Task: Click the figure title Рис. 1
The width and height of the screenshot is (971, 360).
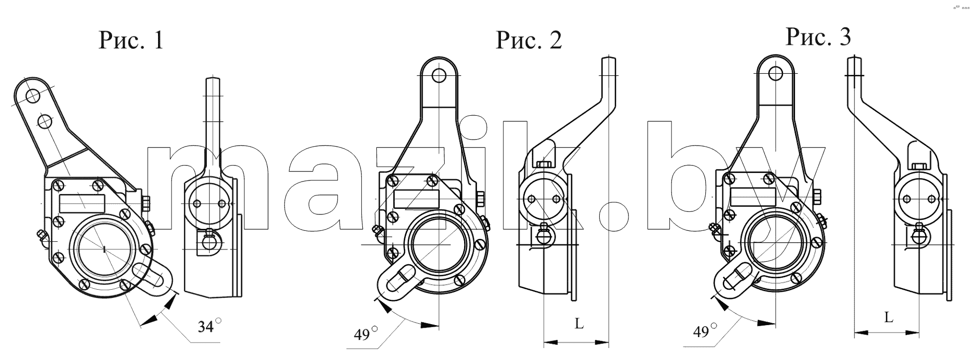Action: [131, 40]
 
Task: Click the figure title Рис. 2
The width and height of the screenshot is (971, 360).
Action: [528, 40]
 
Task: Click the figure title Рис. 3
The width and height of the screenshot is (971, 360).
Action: [818, 36]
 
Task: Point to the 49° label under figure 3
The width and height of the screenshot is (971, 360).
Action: [705, 331]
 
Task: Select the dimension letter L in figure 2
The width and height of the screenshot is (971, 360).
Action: [579, 324]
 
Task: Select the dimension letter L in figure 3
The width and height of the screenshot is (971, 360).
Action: [889, 317]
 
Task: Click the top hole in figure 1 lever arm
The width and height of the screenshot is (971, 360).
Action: [33, 95]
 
